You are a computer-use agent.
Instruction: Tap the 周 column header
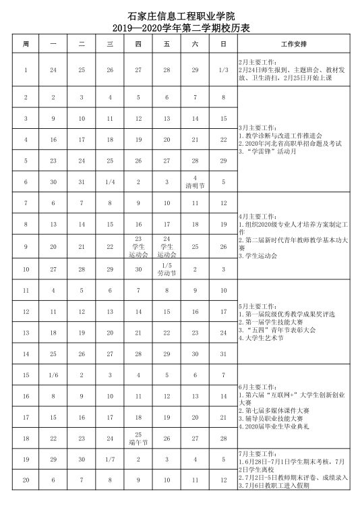click(26, 44)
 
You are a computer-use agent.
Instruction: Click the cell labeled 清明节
click(195, 181)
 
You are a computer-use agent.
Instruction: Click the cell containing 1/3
click(223, 69)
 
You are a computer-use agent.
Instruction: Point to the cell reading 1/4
click(110, 181)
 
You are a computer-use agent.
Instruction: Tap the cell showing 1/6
click(53, 375)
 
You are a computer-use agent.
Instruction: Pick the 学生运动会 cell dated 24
click(166, 247)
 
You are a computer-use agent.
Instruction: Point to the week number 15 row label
click(26, 375)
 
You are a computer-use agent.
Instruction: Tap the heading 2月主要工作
click(258, 62)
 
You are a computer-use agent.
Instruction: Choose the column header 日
click(223, 44)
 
